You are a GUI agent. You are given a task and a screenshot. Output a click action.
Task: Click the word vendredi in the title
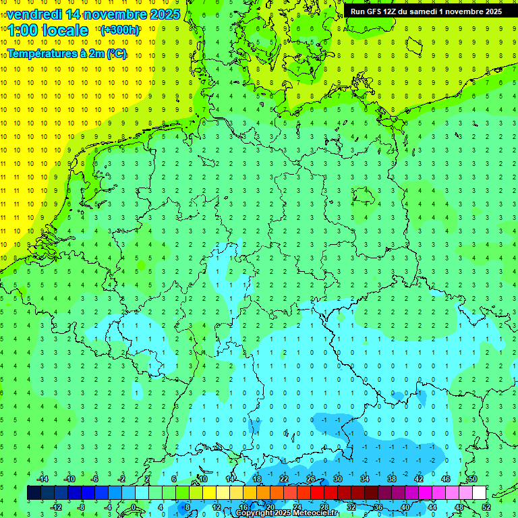34,14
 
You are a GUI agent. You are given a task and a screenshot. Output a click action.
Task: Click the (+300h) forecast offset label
119,30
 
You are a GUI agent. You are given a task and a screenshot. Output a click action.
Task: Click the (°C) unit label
115,53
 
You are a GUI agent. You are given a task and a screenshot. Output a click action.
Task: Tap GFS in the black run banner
377,11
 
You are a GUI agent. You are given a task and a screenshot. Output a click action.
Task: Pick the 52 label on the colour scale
486,507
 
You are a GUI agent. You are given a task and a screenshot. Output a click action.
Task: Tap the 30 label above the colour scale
337,479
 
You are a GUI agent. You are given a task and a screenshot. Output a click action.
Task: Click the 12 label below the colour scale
216,507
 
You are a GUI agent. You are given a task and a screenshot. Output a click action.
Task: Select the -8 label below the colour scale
81,507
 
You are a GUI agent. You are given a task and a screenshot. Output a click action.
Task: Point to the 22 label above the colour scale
283,479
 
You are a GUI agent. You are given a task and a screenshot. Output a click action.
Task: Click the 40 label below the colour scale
405,507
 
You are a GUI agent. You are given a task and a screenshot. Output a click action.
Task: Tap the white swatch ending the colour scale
479,493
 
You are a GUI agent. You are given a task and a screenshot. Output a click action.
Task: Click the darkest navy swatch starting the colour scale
34,493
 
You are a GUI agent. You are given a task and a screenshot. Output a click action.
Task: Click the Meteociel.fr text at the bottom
316,513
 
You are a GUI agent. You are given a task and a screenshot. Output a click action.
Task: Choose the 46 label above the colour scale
445,479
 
